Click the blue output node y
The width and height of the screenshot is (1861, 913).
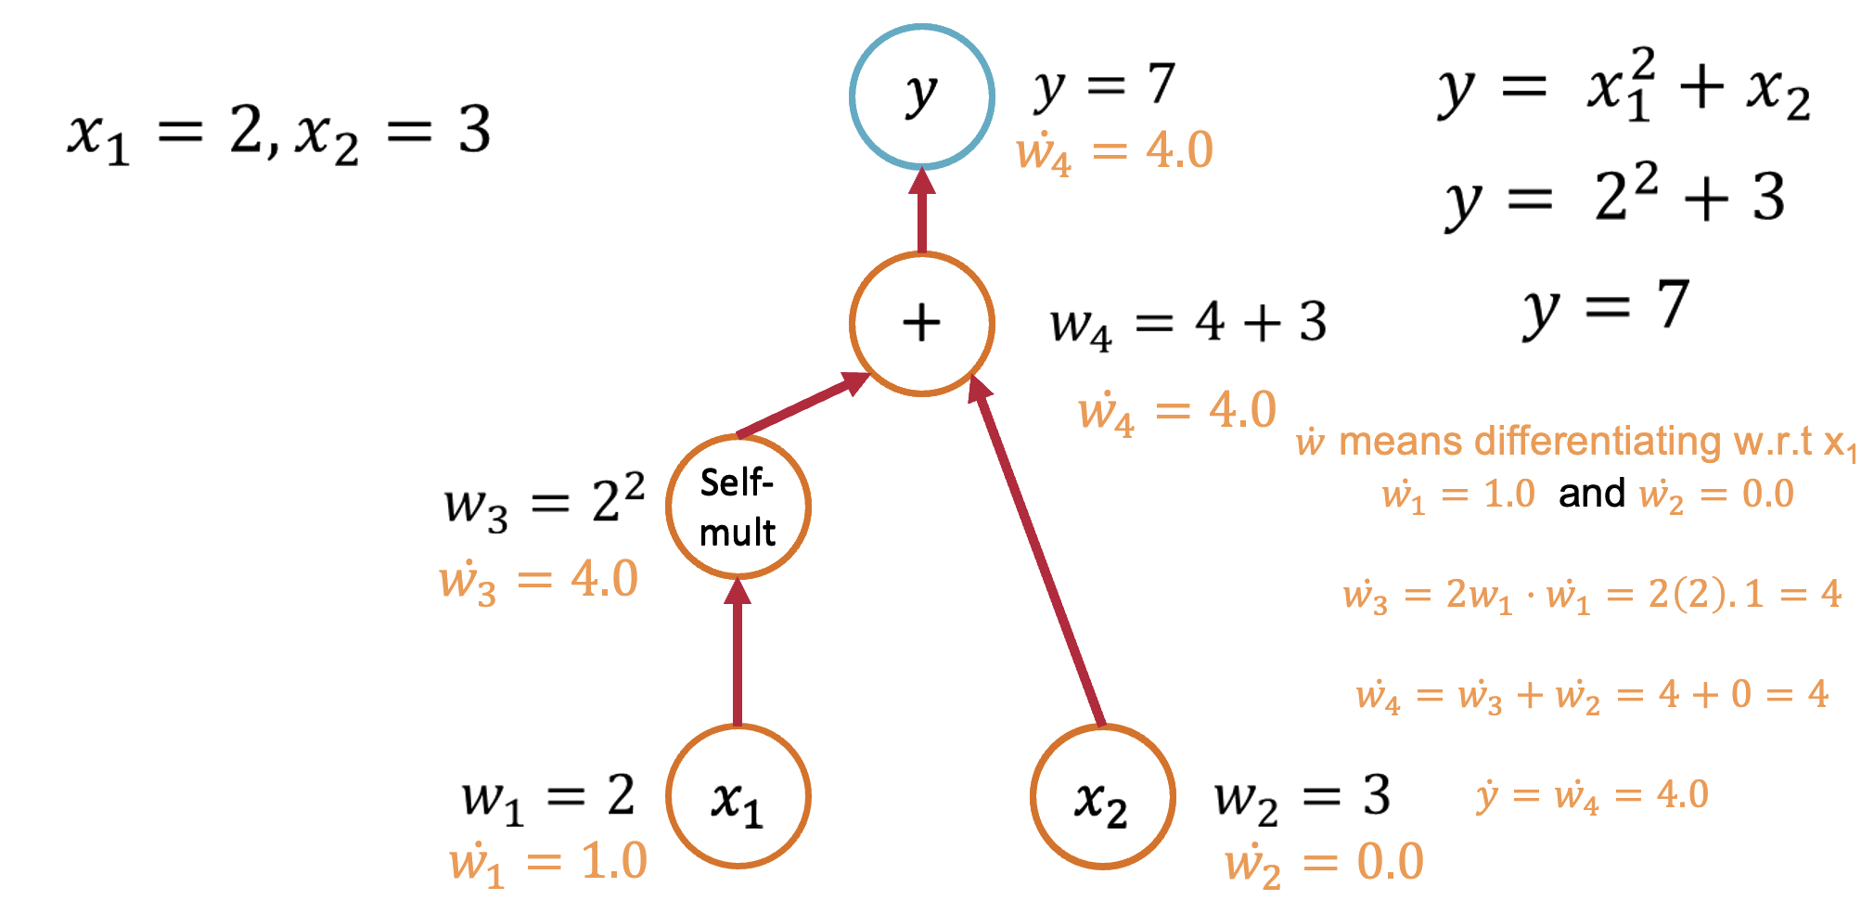pyautogui.click(x=922, y=96)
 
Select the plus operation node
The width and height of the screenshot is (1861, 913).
pyautogui.click(x=922, y=324)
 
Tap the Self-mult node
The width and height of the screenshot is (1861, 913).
pyautogui.click(x=738, y=508)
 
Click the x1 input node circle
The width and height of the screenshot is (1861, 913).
pyautogui.click(x=738, y=797)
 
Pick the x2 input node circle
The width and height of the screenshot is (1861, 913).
pyautogui.click(x=1103, y=797)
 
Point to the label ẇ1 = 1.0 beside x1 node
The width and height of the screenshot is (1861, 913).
pyautogui.click(x=548, y=863)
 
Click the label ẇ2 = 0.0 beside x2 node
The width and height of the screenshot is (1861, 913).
pyautogui.click(x=1324, y=863)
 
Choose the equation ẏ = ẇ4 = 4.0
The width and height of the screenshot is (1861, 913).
pyautogui.click(x=1592, y=795)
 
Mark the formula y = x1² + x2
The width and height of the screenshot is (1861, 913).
pyautogui.click(x=1624, y=89)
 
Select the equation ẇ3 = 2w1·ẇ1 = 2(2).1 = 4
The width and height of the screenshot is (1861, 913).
pyautogui.click(x=1592, y=595)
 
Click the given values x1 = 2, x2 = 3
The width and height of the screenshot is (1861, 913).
pyautogui.click(x=279, y=133)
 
